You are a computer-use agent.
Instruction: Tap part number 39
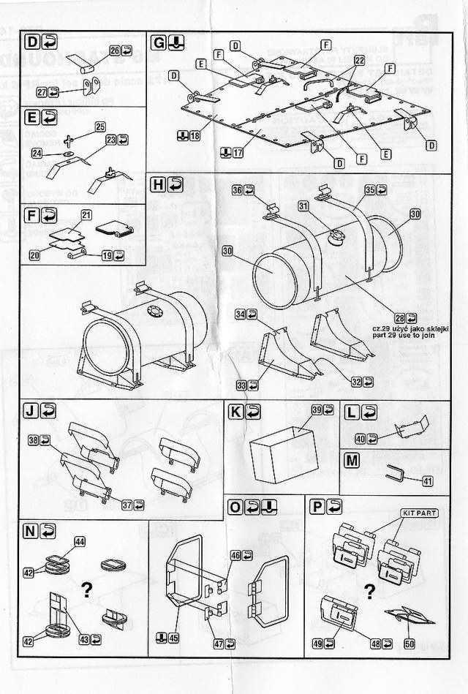pos(317,411)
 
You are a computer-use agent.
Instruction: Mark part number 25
pos(99,127)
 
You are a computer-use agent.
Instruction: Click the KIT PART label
pos(418,513)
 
